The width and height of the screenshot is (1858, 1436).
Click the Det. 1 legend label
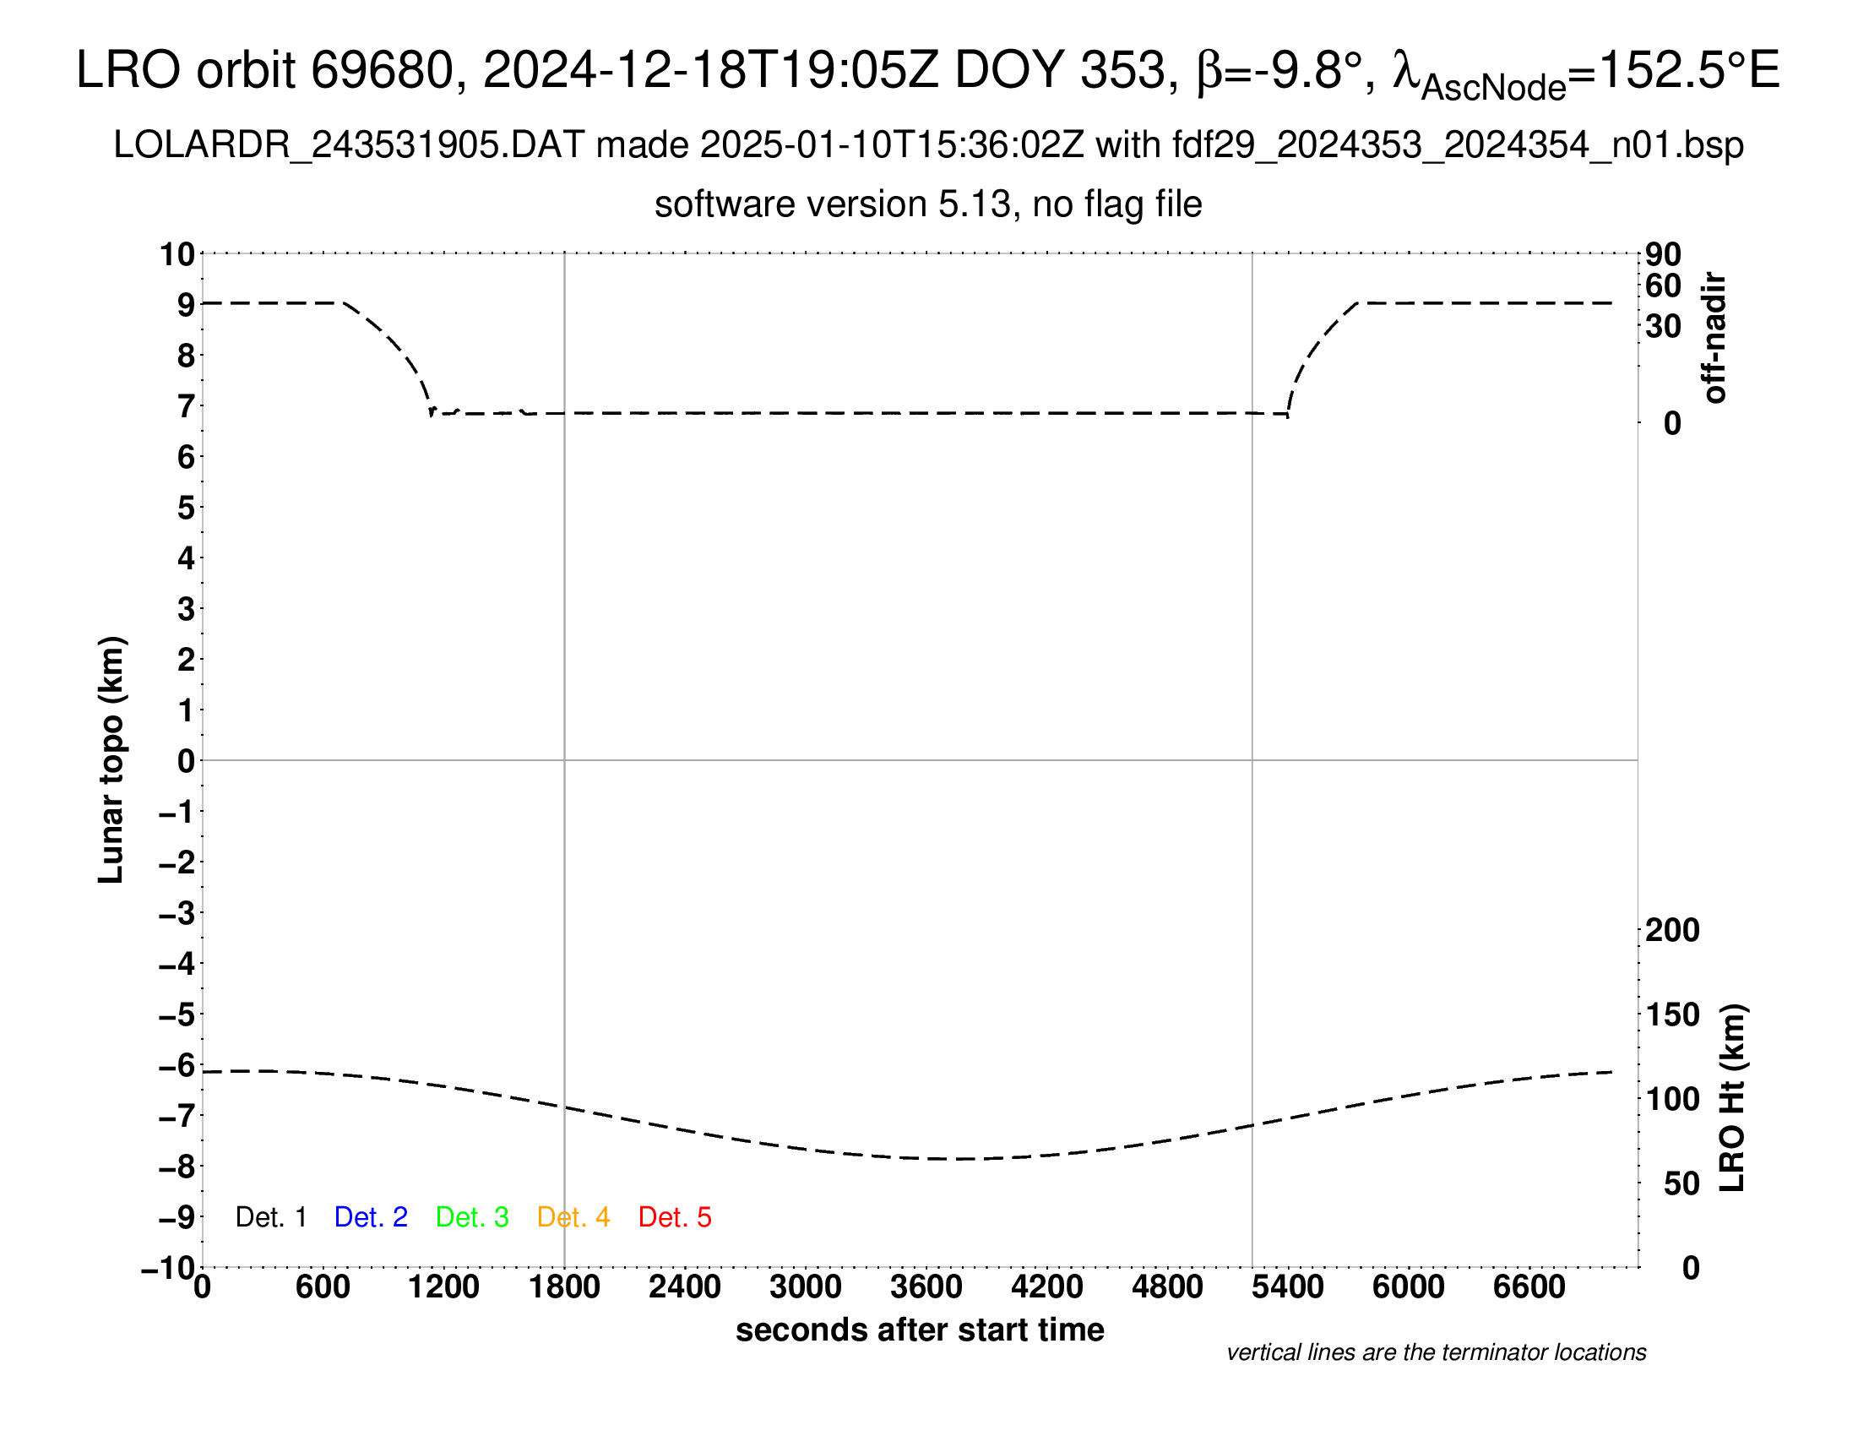tap(270, 1217)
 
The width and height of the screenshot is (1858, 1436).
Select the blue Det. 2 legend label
tap(371, 1217)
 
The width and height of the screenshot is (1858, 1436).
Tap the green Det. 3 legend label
tap(472, 1217)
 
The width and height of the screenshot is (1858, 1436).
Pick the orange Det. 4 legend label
tap(573, 1217)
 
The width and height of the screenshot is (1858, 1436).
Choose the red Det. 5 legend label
tap(675, 1217)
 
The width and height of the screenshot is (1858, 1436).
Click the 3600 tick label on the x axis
tap(926, 1287)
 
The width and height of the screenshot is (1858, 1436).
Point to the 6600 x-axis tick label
tap(1529, 1287)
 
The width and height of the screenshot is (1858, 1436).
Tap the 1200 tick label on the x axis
tap(443, 1287)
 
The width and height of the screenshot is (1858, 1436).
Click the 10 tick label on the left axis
tap(178, 254)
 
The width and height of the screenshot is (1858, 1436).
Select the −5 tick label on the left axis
tap(177, 1014)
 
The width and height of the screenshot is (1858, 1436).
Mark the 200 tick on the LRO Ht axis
tap(1672, 931)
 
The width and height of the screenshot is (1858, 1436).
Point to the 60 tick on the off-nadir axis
tap(1663, 286)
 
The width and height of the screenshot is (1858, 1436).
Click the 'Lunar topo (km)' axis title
tap(111, 760)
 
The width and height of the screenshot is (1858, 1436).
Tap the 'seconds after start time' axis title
tap(920, 1330)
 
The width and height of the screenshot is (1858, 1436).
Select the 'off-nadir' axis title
tap(1714, 338)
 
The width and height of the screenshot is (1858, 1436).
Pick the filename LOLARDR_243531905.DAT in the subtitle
tap(349, 145)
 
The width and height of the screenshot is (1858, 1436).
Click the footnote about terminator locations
tap(1436, 1353)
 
